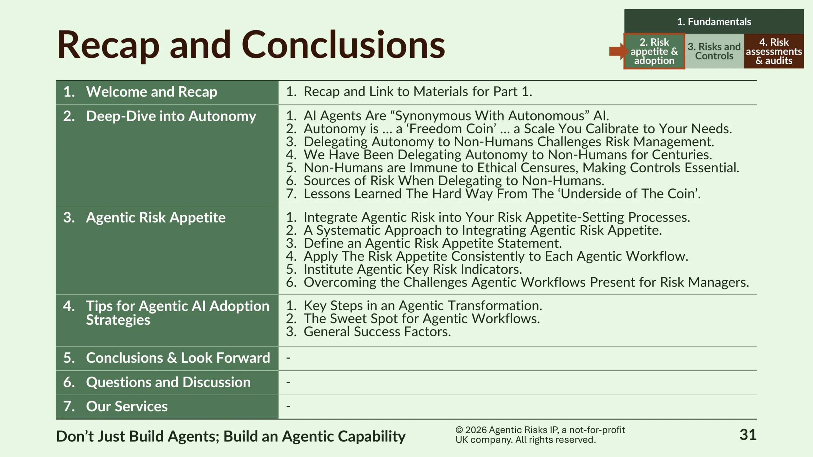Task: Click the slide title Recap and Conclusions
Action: [x=251, y=45]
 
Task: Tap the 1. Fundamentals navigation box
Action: [x=714, y=22]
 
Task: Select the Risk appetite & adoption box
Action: [x=654, y=51]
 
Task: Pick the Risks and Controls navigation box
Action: [x=714, y=51]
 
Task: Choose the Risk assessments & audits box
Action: [x=774, y=51]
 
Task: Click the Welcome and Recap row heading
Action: [x=151, y=92]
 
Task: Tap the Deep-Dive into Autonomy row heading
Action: [x=171, y=116]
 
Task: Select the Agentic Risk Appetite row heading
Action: [x=156, y=218]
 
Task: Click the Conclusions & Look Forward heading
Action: [x=178, y=358]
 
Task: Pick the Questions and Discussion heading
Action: [x=168, y=382]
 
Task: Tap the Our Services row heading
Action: [x=127, y=407]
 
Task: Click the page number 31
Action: [x=748, y=435]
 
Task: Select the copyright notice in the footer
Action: [x=540, y=435]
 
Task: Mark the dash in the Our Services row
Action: [x=288, y=406]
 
